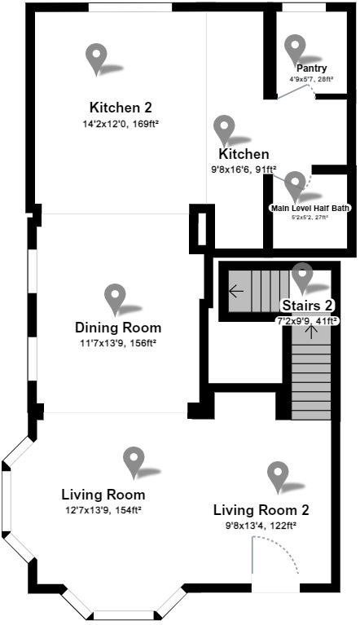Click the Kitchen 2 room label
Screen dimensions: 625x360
point(121,107)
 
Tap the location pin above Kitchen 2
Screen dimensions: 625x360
point(97,57)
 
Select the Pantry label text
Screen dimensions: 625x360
point(312,68)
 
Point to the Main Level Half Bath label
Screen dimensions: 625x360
point(310,208)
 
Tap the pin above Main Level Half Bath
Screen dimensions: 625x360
point(295,183)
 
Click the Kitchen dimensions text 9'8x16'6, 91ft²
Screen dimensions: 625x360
point(244,170)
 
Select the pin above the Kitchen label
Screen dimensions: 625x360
point(223,129)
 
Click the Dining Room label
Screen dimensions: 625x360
point(118,328)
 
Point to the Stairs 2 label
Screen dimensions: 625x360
point(307,306)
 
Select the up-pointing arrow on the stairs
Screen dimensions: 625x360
point(310,332)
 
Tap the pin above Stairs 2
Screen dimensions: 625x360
point(303,276)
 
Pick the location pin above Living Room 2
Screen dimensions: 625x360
point(279,476)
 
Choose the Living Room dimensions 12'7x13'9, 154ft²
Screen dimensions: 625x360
point(103,510)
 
